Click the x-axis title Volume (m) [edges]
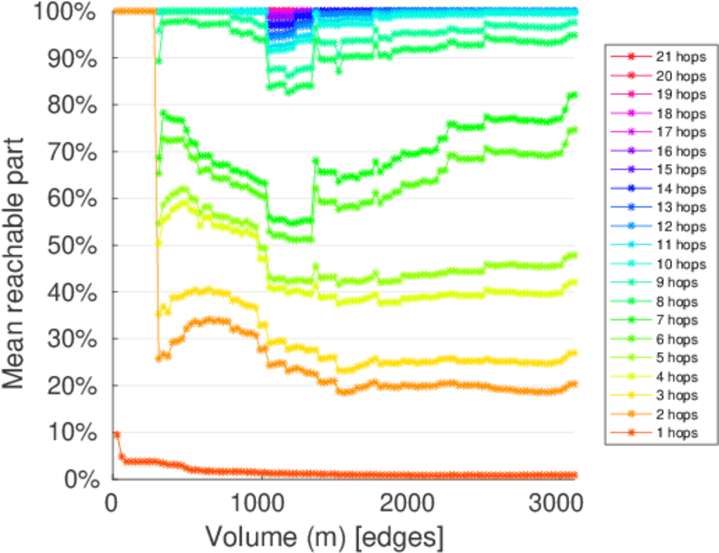point(324,535)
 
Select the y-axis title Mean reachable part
point(19,245)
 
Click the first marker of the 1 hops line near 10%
point(117,434)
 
